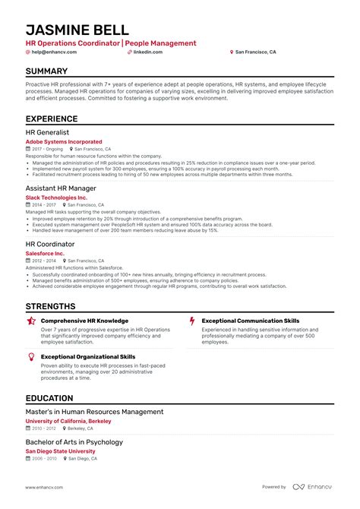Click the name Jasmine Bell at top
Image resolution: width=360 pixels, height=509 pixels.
78,30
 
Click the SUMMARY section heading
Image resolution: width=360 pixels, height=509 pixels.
46,71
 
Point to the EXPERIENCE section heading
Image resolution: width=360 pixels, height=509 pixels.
52,119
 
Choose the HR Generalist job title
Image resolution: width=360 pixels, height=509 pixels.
47,132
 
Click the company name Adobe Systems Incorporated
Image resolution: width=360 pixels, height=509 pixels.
64,142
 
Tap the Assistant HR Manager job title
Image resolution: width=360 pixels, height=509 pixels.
61,188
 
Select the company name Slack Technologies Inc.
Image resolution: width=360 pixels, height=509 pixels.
56,198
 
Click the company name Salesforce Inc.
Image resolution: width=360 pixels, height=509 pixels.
46,253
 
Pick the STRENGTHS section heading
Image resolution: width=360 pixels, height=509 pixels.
51,306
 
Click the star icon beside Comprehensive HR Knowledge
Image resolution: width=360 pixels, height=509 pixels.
31,321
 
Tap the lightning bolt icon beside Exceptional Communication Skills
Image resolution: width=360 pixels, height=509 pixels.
192,321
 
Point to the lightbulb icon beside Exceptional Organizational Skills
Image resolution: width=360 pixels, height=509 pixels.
31,356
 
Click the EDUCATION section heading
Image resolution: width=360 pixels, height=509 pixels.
49,399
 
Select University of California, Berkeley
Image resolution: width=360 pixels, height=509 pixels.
68,421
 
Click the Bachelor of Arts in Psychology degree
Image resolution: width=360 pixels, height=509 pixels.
74,442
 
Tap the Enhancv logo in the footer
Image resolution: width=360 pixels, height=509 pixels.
314,487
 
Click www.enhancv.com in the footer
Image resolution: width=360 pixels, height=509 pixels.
44,487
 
